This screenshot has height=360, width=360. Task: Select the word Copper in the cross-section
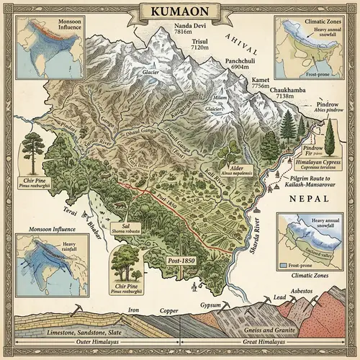click(x=169, y=312)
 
